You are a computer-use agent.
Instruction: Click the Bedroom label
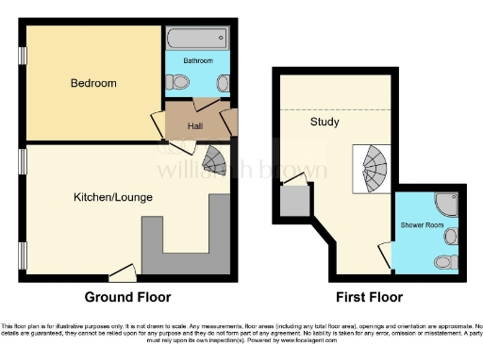[93, 83]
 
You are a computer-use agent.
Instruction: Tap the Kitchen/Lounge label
[113, 197]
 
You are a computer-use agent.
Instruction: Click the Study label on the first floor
[325, 123]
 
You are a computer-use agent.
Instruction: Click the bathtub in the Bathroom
[195, 39]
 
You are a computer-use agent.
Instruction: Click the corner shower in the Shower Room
[443, 203]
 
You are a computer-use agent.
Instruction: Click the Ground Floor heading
[128, 297]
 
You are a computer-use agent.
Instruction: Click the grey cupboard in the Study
[293, 200]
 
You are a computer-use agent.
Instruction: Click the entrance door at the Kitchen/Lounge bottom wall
[121, 273]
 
